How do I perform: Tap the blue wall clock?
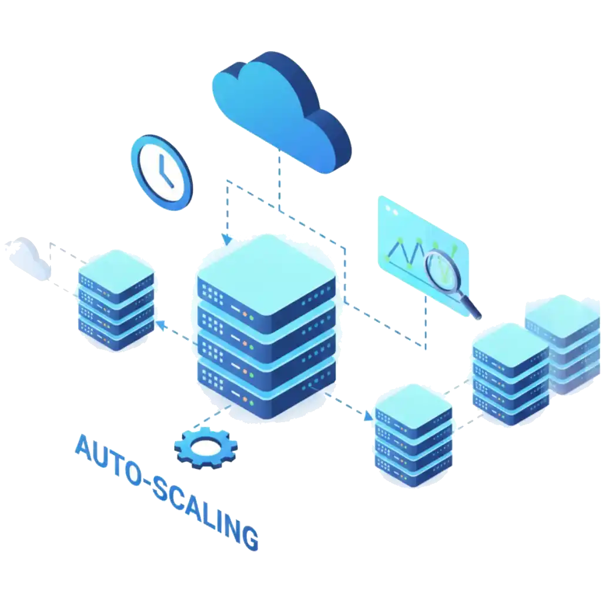(x=162, y=172)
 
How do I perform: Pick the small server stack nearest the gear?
(x=413, y=436)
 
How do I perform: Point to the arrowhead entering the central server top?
(x=228, y=240)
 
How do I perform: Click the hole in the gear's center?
(x=206, y=446)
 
